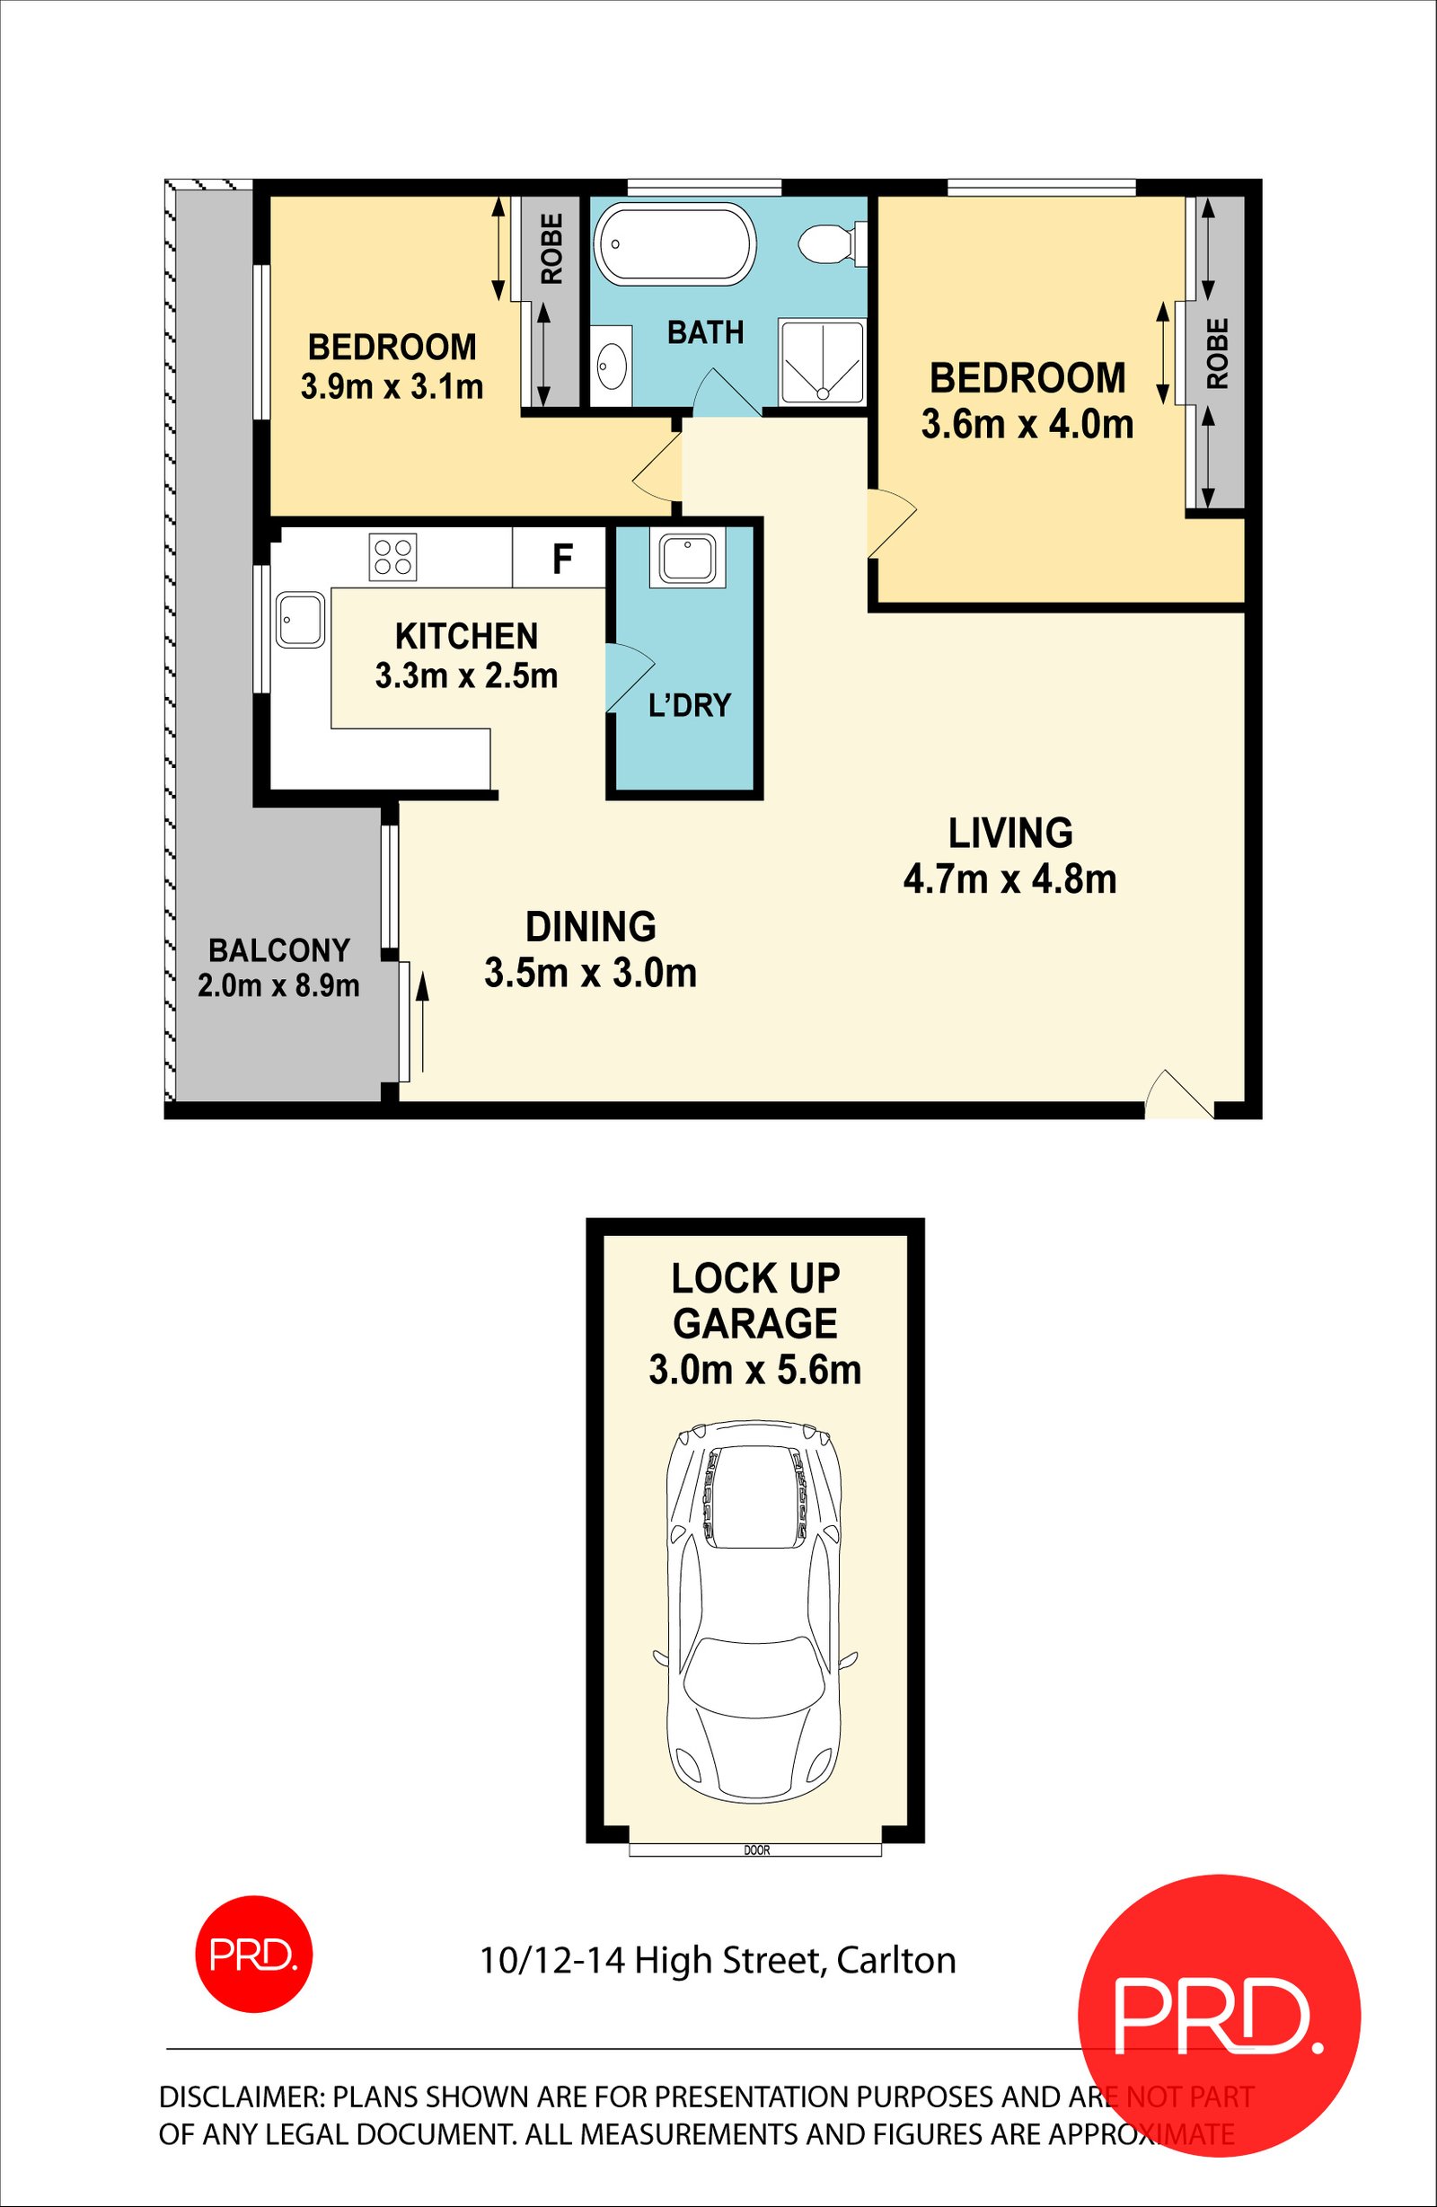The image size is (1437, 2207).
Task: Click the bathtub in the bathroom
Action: [673, 244]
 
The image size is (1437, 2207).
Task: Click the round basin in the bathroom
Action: [610, 367]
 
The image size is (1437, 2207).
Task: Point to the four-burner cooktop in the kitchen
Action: [393, 556]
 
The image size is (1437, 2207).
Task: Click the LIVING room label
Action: [1009, 833]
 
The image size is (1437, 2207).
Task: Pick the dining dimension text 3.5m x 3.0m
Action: [591, 974]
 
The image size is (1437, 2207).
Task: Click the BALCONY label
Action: [278, 950]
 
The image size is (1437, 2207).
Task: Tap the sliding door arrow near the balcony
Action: [424, 1020]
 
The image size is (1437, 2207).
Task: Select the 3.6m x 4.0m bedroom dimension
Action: [1027, 425]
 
